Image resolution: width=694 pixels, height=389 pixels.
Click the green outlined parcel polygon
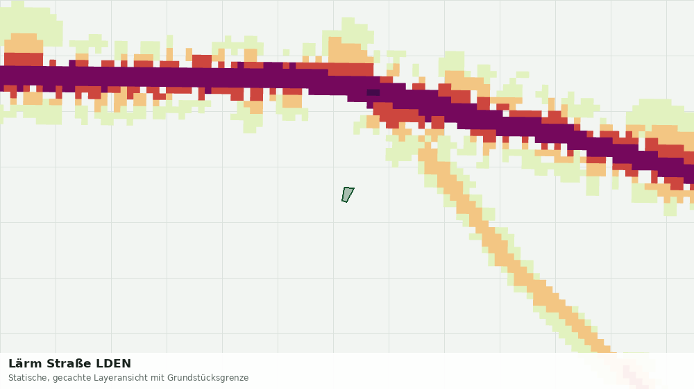pos(348,194)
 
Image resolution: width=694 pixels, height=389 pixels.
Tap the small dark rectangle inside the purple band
pos(373,92)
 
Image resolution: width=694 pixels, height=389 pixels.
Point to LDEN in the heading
pos(114,364)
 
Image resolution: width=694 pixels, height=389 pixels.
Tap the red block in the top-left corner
pos(24,59)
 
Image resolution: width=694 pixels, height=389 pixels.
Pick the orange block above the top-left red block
pos(24,43)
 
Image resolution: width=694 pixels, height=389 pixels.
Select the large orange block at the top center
pos(350,52)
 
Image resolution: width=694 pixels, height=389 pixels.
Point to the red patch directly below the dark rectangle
pos(395,114)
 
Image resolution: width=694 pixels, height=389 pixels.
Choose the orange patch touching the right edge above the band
pos(670,135)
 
